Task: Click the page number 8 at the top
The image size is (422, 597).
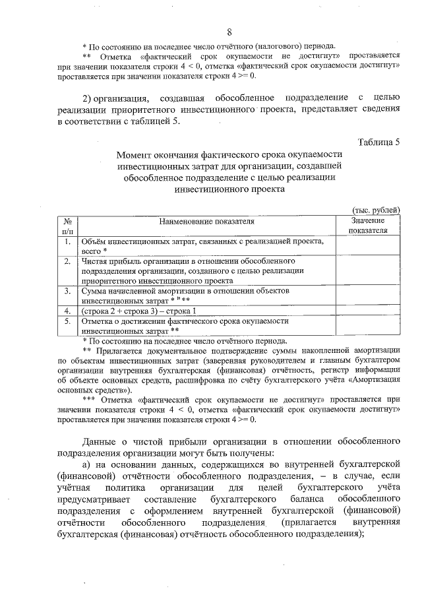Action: point(229,32)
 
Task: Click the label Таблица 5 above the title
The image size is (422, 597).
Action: point(379,143)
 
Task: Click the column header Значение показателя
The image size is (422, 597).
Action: point(368,226)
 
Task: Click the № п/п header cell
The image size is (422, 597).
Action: point(67,226)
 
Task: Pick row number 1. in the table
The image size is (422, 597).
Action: point(67,242)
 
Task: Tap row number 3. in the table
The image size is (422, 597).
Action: point(67,290)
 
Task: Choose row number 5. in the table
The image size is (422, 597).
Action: point(67,321)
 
